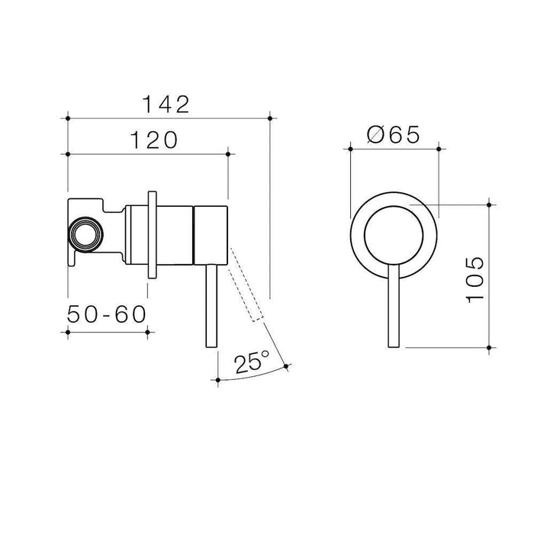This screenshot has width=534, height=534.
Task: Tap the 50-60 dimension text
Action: click(x=107, y=315)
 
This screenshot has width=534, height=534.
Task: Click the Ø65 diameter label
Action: click(x=393, y=135)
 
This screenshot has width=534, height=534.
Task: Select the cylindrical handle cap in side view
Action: click(x=211, y=234)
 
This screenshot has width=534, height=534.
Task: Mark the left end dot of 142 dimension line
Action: click(x=69, y=117)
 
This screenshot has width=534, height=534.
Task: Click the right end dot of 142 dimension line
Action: click(x=271, y=117)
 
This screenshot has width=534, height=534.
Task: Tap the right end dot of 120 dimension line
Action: click(x=228, y=154)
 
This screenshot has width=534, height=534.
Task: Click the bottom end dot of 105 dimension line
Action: click(x=489, y=348)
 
